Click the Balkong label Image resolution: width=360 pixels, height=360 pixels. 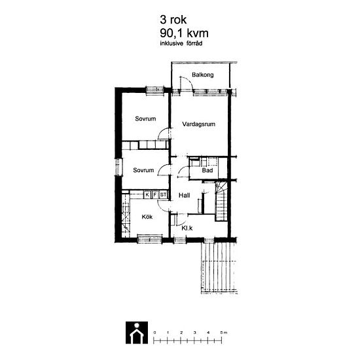[x=203, y=75]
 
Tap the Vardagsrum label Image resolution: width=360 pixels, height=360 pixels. [x=199, y=124]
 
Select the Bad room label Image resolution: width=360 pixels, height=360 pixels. [x=207, y=170]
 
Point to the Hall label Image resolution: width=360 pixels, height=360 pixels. [x=185, y=196]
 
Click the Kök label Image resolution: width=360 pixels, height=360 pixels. [x=147, y=217]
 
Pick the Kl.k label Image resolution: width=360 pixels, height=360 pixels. [x=187, y=228]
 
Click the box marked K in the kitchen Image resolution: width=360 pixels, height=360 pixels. [x=147, y=195]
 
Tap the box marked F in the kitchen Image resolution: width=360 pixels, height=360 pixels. [x=155, y=195]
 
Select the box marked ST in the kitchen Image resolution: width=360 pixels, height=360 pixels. [x=163, y=195]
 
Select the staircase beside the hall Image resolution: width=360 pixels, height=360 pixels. [x=221, y=202]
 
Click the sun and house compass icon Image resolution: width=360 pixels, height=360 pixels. [x=137, y=333]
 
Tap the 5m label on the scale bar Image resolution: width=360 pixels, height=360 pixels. [x=224, y=333]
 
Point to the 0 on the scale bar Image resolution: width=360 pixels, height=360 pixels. [x=154, y=333]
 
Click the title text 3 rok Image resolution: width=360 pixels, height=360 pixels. [x=173, y=20]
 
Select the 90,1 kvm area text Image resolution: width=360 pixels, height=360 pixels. [x=184, y=33]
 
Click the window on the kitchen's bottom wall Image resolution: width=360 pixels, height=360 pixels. [x=150, y=239]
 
